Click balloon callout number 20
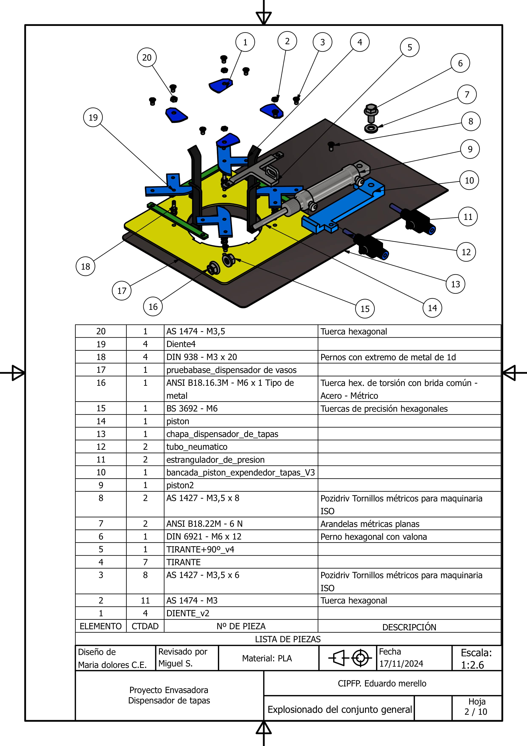click(147, 57)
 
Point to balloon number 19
click(93, 117)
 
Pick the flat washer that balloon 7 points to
click(371, 128)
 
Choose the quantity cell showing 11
click(145, 601)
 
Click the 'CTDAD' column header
click(145, 626)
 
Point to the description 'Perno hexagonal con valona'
click(374, 537)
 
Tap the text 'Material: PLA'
click(267, 658)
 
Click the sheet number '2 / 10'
click(476, 712)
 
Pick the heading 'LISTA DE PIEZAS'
click(288, 639)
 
